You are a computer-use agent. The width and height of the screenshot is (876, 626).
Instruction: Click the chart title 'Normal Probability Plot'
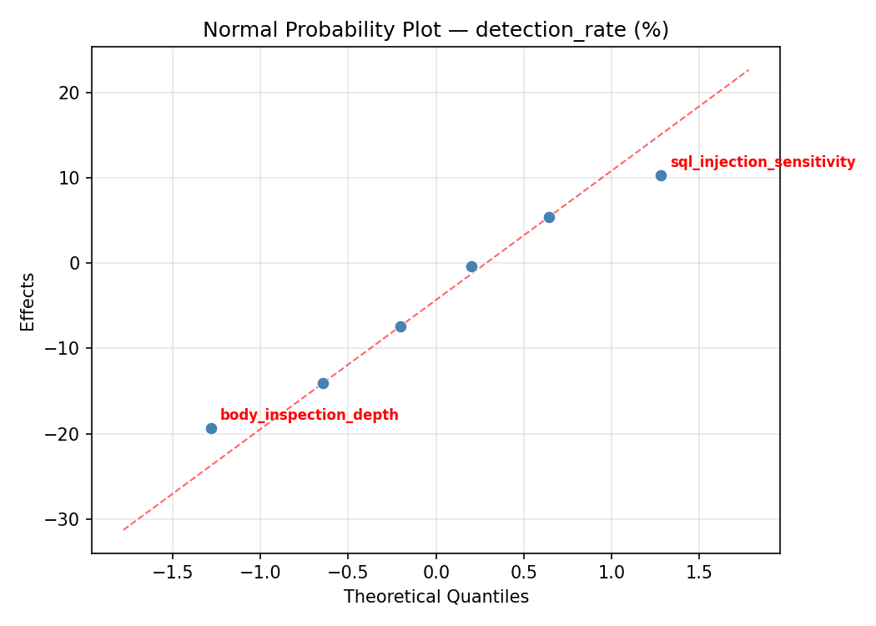point(435,30)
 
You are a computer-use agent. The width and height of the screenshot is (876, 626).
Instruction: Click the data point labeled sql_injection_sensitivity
point(661,175)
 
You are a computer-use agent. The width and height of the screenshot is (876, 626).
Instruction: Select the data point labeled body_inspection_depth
point(211,428)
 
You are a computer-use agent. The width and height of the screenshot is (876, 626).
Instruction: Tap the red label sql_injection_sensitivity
point(763,162)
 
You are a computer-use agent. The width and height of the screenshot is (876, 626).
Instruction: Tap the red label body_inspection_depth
point(309,415)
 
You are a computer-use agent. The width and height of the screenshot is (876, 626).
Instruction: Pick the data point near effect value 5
point(549,217)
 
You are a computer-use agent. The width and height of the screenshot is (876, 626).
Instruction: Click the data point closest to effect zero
point(471,266)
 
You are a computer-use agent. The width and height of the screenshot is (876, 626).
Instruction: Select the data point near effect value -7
point(400,326)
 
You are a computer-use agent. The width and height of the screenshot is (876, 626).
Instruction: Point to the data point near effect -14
point(323,383)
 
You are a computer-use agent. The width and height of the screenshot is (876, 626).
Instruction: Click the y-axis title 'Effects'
point(28,301)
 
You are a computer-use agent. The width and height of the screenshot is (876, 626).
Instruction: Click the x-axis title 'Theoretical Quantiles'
point(435,597)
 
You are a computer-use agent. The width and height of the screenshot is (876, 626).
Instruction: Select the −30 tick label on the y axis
point(64,519)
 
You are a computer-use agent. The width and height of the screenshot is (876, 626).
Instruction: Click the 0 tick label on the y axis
point(74,263)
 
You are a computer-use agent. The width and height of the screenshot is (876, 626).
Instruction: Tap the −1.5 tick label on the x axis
point(172,573)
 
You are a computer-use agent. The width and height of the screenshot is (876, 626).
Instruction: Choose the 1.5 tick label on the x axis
point(699,573)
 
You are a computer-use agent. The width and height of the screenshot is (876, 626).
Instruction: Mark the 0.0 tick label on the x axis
point(435,573)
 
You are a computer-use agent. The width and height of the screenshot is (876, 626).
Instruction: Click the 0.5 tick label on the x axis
point(523,573)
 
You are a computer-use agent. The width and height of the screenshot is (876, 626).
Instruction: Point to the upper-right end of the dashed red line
point(748,69)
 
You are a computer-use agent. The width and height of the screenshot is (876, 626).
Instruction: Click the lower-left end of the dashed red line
point(123,529)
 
